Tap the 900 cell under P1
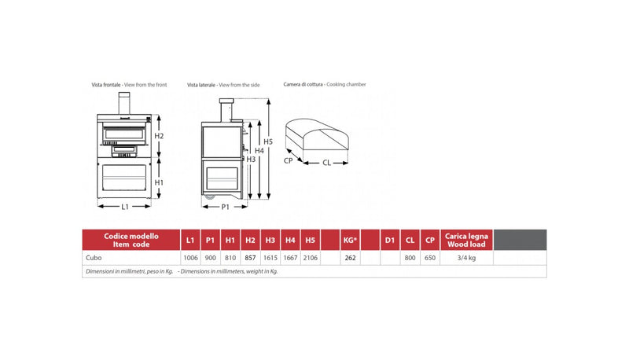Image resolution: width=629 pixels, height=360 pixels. (x=209, y=257)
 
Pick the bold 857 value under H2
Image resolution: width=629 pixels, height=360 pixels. (x=250, y=257)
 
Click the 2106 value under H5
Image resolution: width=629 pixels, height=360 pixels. (x=310, y=257)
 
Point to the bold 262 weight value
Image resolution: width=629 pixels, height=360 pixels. (x=350, y=257)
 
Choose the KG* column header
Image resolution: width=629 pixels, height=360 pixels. (x=350, y=240)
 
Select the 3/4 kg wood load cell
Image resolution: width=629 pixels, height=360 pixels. (x=466, y=257)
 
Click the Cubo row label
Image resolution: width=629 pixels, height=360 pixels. (x=94, y=257)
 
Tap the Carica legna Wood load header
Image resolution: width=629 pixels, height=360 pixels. (x=466, y=240)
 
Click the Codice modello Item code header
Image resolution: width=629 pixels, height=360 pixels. (x=131, y=240)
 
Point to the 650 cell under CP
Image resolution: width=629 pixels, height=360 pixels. (x=429, y=257)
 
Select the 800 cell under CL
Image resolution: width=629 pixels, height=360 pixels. (x=410, y=257)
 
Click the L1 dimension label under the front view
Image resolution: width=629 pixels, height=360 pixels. (x=125, y=206)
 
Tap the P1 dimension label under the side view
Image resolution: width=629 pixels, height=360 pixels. (x=225, y=206)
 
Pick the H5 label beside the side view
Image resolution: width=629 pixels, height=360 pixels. (x=268, y=142)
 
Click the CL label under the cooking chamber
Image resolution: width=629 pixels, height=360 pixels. (x=326, y=163)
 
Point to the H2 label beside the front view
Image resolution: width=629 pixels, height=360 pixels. (x=158, y=136)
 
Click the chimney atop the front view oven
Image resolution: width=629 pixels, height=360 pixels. (x=123, y=103)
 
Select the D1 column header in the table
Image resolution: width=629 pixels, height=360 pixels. (x=388, y=240)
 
